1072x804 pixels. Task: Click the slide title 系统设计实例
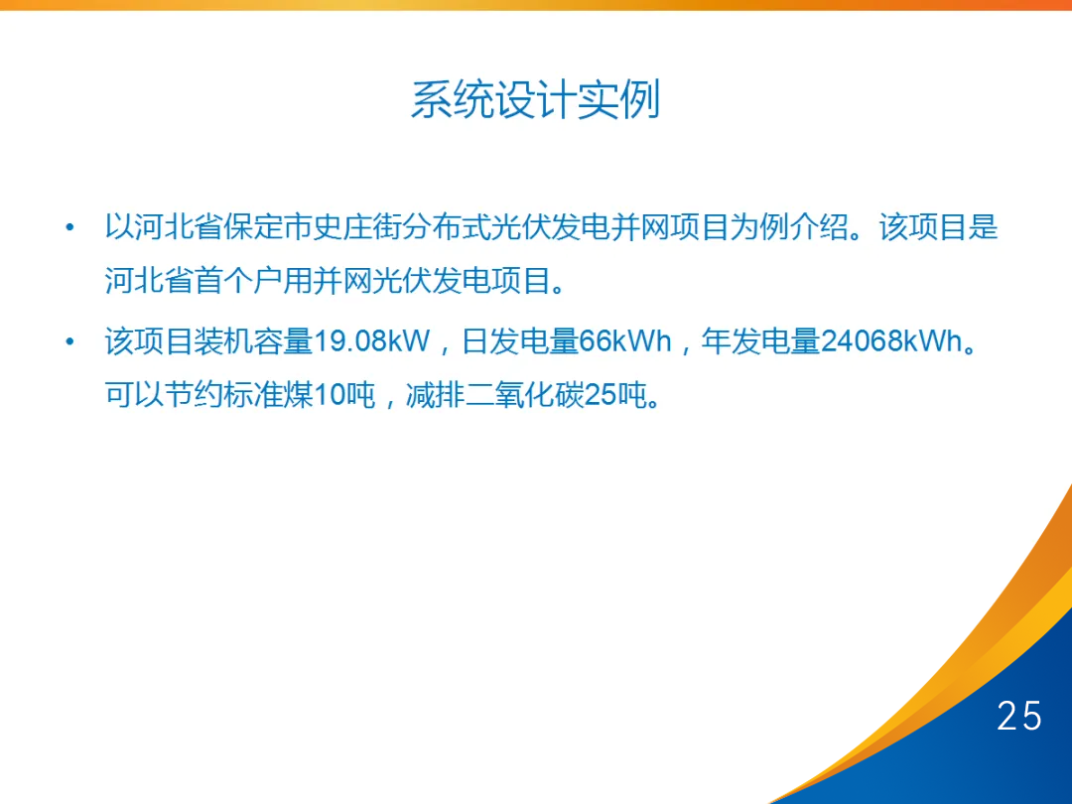coord(535,101)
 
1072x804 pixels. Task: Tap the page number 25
coord(1019,716)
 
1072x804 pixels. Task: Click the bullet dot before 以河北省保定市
coord(69,228)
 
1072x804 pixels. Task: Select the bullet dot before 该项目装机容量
coord(69,342)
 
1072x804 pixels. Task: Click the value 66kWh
coord(625,342)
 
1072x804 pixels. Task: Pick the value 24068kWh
coord(891,342)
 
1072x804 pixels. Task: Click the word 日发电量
coord(520,342)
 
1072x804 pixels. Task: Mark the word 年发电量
coord(760,342)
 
